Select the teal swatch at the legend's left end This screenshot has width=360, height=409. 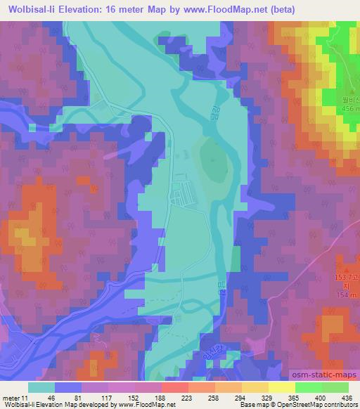tap(41, 387)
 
